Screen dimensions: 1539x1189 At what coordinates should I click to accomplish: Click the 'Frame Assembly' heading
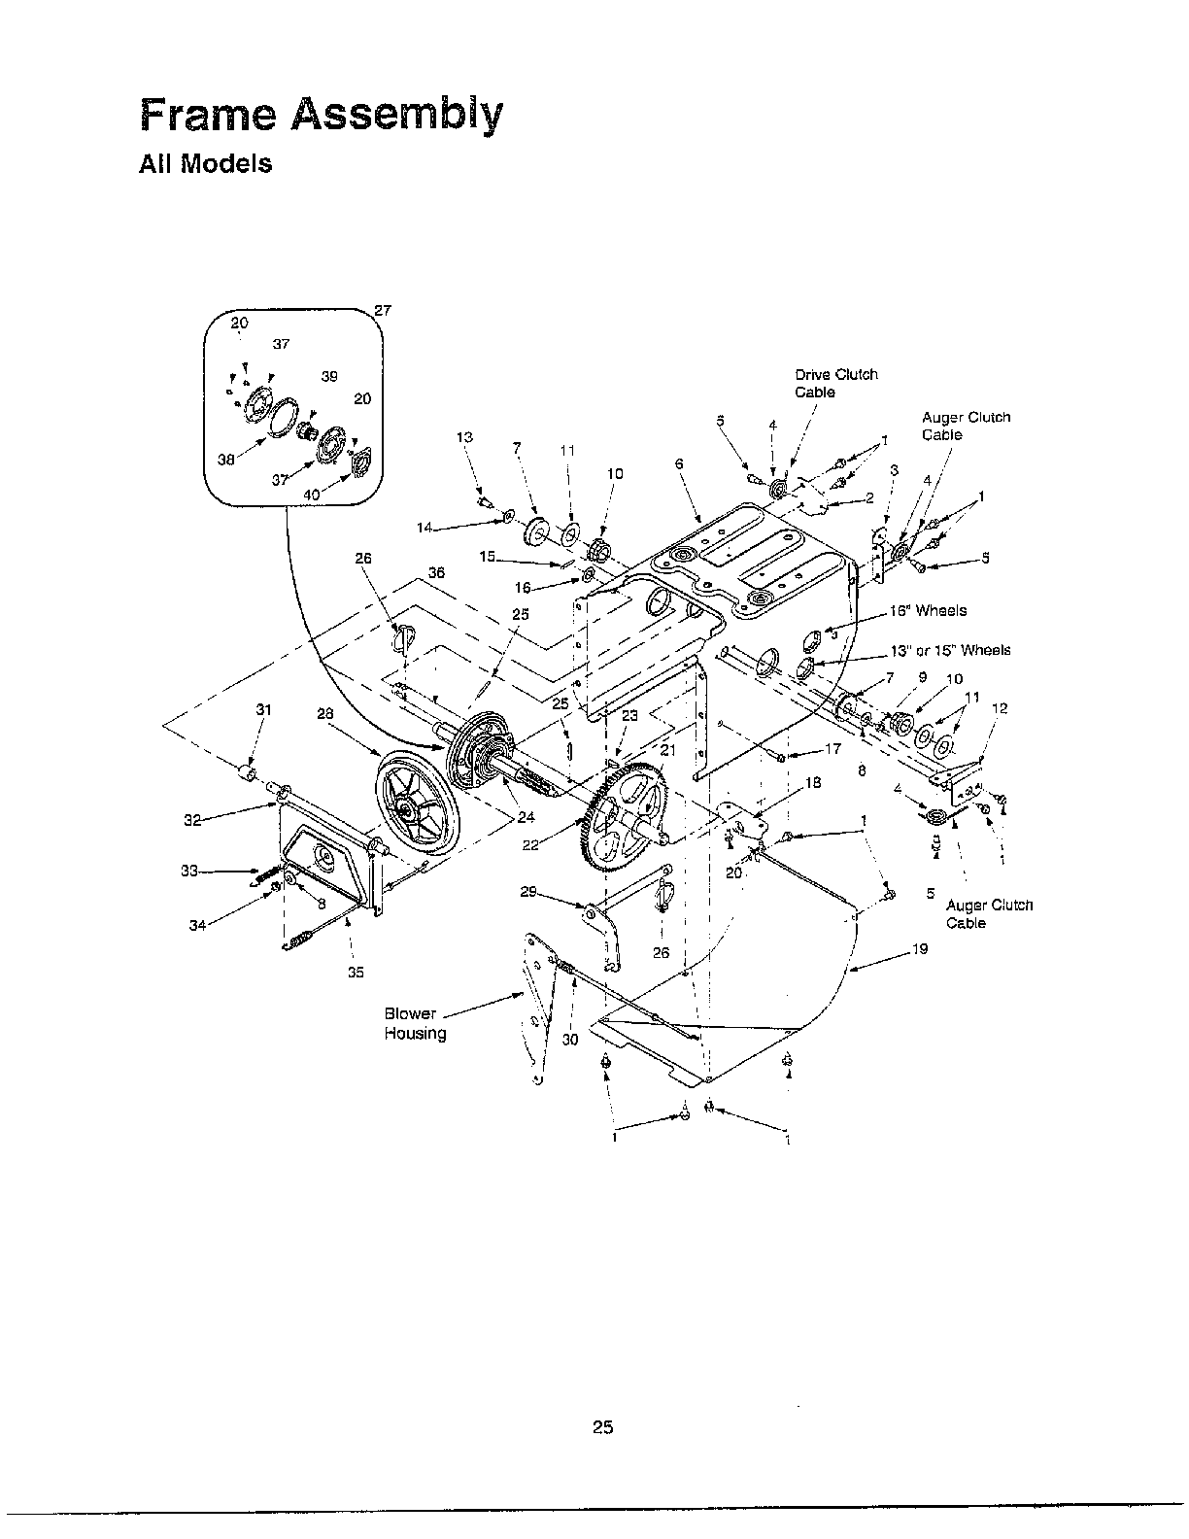pos(322,116)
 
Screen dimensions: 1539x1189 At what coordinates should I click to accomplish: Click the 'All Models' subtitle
pos(205,163)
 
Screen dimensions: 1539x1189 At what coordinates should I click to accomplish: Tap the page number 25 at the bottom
pos(602,1427)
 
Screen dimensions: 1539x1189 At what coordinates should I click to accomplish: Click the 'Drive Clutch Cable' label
pos(835,383)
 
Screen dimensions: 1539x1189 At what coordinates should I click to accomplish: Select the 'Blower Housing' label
pos(416,1023)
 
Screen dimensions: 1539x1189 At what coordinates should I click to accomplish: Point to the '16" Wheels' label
pos(928,611)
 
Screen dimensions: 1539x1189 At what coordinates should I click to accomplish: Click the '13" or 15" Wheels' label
pos(950,650)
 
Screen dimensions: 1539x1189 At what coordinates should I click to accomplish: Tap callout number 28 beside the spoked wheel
pos(326,713)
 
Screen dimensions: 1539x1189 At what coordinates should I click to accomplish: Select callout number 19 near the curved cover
pos(920,948)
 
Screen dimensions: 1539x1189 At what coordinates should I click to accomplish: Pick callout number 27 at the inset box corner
pos(383,310)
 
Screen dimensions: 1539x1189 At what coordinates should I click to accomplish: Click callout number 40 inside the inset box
pos(311,495)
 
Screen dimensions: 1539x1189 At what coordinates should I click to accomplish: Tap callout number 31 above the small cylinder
pos(263,709)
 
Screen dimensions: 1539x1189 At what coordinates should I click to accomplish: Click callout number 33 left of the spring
pos(189,871)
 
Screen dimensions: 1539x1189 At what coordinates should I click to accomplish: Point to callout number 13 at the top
pos(464,437)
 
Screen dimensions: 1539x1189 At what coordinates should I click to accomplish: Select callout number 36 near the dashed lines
pos(436,573)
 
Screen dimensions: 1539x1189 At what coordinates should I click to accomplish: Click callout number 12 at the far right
pos(1001,708)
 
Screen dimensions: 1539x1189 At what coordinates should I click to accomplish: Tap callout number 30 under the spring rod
pos(570,1039)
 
